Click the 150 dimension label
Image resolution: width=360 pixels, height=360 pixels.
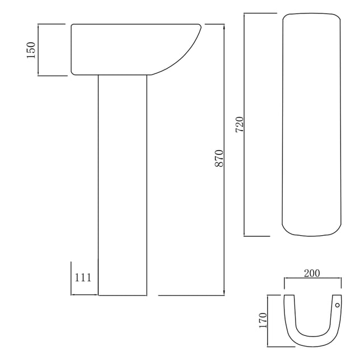(x=31, y=50)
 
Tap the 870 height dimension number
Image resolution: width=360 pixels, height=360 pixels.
(x=219, y=158)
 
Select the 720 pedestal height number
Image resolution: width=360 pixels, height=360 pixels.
(x=239, y=125)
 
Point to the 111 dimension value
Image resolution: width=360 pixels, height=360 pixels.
(x=83, y=278)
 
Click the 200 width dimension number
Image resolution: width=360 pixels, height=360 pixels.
(x=312, y=273)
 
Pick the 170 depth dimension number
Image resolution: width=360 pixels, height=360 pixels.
(x=263, y=320)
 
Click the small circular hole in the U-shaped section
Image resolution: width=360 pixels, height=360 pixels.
(x=337, y=305)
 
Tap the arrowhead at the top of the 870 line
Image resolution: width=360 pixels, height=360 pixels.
(x=224, y=26)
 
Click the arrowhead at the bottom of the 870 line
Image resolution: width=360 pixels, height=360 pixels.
(x=224, y=293)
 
